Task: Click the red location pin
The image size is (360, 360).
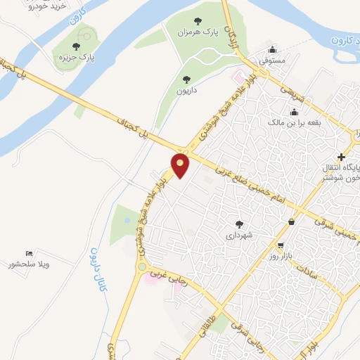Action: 181,165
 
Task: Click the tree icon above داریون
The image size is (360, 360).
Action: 187,79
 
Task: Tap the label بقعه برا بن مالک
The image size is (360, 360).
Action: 294,122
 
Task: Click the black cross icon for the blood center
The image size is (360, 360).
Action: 342,156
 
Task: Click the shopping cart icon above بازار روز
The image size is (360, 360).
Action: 281,246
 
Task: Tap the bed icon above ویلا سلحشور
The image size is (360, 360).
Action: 29,253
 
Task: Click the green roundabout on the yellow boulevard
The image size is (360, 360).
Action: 142,266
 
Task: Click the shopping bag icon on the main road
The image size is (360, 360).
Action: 292,222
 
